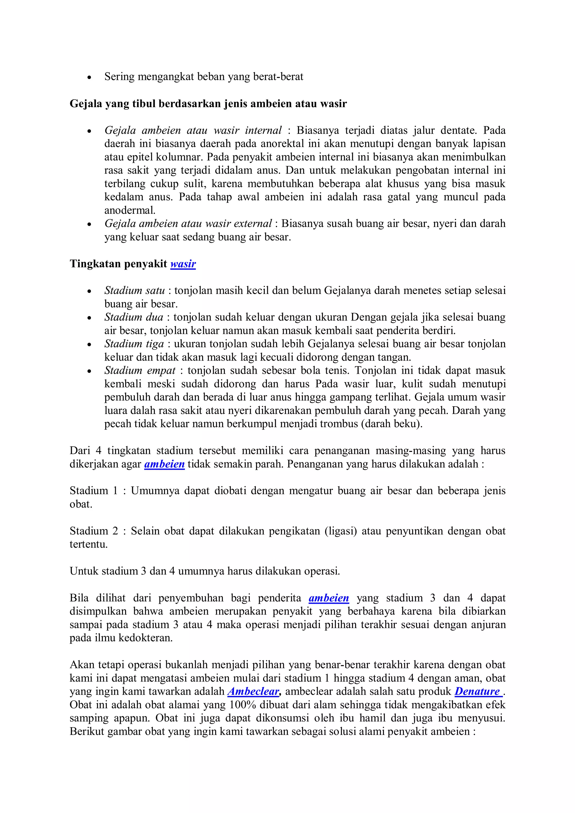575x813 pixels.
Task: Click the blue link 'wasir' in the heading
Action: (183, 264)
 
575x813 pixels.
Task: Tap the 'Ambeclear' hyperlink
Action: (254, 691)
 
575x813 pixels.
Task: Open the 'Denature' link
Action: (478, 691)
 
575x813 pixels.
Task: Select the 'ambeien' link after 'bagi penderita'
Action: (329, 598)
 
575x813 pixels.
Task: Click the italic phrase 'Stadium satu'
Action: (135, 290)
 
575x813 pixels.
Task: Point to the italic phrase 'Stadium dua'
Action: (134, 317)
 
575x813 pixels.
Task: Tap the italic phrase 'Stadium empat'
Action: (140, 370)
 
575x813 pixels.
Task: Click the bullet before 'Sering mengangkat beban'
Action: (89, 77)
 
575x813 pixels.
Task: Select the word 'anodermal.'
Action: (130, 210)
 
